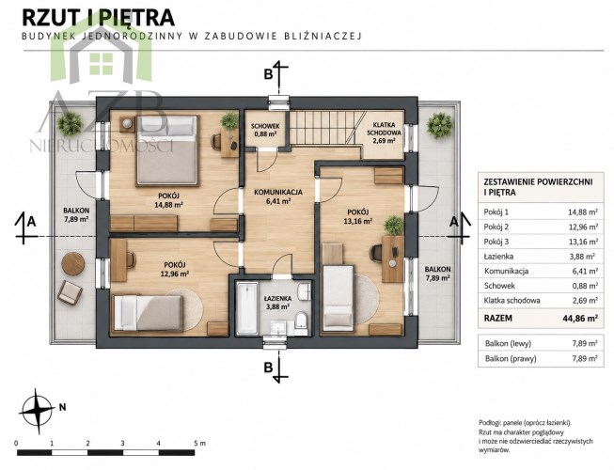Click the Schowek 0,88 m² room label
click(x=265, y=130)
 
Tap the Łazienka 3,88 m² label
click(x=276, y=302)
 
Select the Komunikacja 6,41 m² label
click(x=278, y=196)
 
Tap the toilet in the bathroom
click(x=302, y=321)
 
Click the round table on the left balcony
click(x=72, y=264)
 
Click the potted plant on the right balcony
click(x=440, y=125)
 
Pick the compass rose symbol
click(x=38, y=411)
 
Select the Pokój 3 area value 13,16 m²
click(x=583, y=242)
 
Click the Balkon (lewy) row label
click(x=508, y=344)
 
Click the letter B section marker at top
click(x=268, y=74)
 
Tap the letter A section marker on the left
click(x=31, y=222)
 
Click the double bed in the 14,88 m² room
click(x=166, y=150)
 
